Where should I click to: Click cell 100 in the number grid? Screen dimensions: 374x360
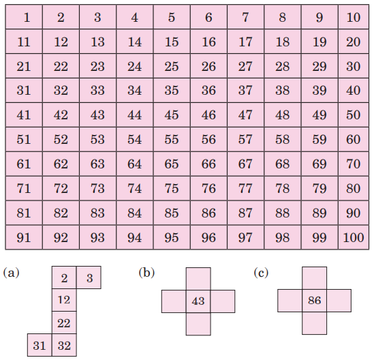[354, 237]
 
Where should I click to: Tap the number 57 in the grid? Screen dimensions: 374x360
[245, 139]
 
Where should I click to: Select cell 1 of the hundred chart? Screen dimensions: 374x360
[24, 17]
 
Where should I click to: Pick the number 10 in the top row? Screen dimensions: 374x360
[354, 18]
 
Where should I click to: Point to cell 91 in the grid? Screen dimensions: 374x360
[24, 237]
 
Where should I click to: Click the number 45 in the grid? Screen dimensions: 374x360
[172, 115]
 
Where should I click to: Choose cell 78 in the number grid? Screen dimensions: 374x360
[283, 188]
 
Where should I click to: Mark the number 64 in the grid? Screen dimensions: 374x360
[134, 164]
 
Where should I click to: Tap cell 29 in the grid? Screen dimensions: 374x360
[320, 66]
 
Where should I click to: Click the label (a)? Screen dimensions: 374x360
[11, 273]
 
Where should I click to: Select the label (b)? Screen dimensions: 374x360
[146, 273]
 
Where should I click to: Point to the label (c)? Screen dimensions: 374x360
[261, 273]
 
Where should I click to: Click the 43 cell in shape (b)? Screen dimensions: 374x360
[198, 301]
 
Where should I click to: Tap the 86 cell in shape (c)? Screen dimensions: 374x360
[314, 301]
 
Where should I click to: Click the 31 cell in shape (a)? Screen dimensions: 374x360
[40, 345]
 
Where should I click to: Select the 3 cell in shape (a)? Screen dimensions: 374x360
[89, 277]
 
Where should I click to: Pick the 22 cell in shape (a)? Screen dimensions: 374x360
[64, 322]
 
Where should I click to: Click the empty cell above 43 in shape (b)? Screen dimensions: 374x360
[198, 279]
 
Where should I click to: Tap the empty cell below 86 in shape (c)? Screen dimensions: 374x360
[314, 323]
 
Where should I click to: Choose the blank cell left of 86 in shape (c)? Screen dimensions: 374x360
[290, 301]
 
